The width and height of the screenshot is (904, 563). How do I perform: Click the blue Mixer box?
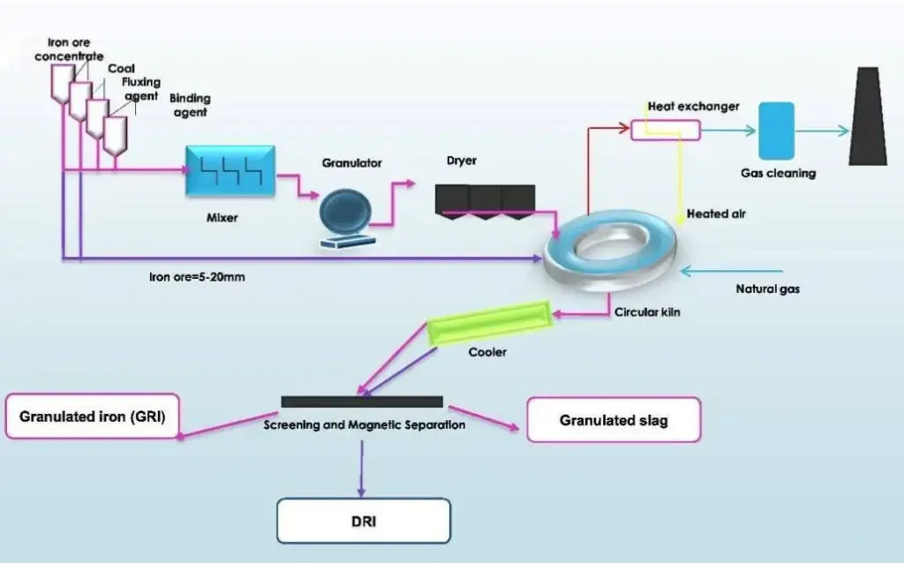pyautogui.click(x=230, y=170)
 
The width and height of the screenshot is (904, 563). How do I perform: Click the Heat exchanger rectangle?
pyautogui.click(x=665, y=130)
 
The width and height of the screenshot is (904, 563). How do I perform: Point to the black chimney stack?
pyautogui.click(x=867, y=116)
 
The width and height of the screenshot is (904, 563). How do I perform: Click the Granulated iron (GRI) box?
pyautogui.click(x=92, y=416)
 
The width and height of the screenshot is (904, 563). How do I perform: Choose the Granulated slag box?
pyautogui.click(x=614, y=420)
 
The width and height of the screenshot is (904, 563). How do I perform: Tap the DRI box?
pyautogui.click(x=364, y=521)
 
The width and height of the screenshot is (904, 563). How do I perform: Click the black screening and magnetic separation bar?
pyautogui.click(x=362, y=402)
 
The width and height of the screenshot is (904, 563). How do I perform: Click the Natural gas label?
pyautogui.click(x=767, y=289)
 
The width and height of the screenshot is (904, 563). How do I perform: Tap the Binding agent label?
pyautogui.click(x=189, y=105)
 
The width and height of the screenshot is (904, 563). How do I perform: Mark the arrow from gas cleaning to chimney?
pyautogui.click(x=819, y=131)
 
